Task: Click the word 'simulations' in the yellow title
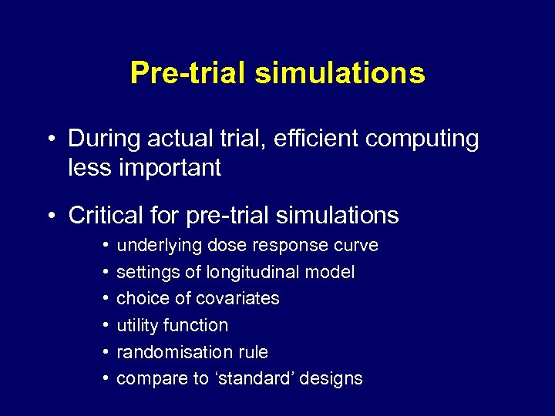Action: click(x=339, y=73)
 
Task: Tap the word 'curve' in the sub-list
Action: click(x=356, y=246)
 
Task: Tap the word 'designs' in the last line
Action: click(x=331, y=379)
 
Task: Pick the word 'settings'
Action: click(x=144, y=273)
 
